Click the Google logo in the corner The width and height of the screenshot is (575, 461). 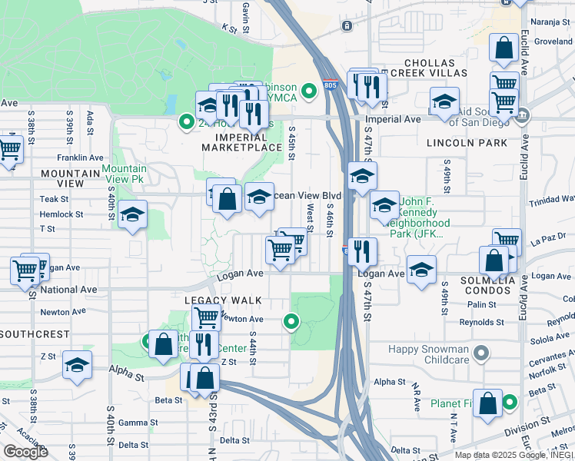point(25,452)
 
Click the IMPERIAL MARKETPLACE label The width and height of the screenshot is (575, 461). point(242,141)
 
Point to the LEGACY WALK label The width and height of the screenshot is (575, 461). point(223,300)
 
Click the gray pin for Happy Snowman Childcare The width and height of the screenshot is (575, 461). point(481,353)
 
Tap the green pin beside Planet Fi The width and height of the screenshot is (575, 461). point(509,402)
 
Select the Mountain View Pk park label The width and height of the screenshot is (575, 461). point(125,174)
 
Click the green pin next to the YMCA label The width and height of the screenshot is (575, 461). point(309,92)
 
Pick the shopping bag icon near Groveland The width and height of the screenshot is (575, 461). point(504,49)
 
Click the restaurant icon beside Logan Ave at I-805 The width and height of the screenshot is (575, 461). point(363,250)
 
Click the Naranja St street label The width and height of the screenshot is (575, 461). point(553,24)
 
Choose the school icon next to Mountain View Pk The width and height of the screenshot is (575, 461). point(132,215)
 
